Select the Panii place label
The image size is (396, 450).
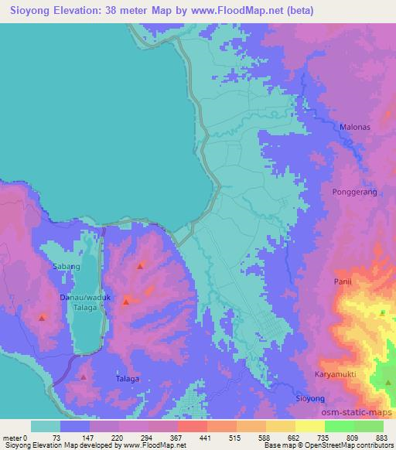tap(342, 282)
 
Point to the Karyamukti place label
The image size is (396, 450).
tap(337, 374)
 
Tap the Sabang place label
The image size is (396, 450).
tap(66, 267)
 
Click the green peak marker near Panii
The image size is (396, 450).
tap(382, 312)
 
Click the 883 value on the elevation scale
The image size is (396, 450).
tap(383, 438)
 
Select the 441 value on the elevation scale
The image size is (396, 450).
tap(206, 438)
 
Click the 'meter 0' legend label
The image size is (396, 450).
tap(16, 438)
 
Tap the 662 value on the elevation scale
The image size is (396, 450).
tap(294, 438)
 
